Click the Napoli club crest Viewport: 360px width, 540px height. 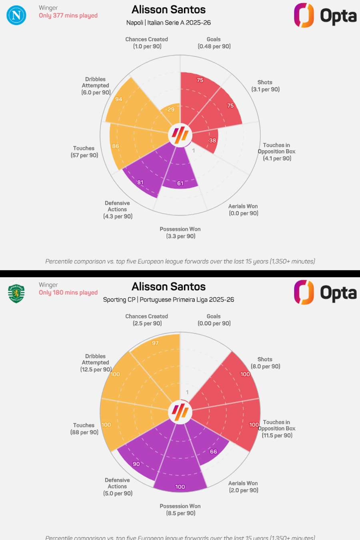click(x=16, y=15)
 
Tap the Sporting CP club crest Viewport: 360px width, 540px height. click(x=16, y=293)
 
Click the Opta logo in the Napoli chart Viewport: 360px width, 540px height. click(x=325, y=16)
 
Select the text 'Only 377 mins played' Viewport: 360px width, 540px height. click(x=68, y=16)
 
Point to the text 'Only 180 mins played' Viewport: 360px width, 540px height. click(x=68, y=292)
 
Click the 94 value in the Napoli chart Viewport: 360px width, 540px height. click(x=119, y=99)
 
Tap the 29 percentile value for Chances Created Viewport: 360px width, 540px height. click(x=171, y=110)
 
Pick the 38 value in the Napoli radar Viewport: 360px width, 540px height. click(x=212, y=140)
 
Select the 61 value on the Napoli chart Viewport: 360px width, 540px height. click(x=180, y=183)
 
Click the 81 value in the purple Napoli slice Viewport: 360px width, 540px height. click(x=140, y=182)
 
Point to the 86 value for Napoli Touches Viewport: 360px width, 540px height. click(x=116, y=146)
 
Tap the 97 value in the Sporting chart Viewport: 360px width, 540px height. click(x=155, y=343)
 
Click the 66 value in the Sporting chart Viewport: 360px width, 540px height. click(x=214, y=452)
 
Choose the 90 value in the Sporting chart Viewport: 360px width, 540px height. click(x=136, y=464)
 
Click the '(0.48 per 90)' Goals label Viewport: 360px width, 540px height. click(x=214, y=46)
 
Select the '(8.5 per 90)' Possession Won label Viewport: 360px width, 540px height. click(x=181, y=513)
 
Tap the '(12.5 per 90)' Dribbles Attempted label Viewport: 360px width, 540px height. click(x=96, y=370)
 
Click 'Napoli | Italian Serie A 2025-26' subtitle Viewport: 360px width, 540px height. click(x=168, y=23)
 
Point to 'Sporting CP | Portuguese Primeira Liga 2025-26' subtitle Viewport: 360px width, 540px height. click(x=168, y=300)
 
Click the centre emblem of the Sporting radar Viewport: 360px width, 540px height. click(x=180, y=412)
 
